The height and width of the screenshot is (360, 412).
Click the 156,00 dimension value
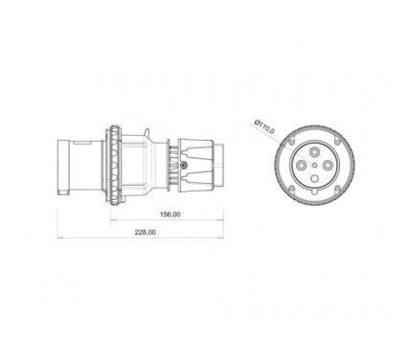[170, 214]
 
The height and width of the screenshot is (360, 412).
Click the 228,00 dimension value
[145, 233]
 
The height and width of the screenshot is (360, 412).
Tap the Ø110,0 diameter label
[264, 126]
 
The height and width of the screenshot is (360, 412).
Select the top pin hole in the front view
[314, 151]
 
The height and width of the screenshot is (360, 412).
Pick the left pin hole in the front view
[301, 165]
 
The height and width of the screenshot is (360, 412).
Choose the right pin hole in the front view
[328, 165]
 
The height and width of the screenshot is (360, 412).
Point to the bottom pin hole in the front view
[314, 179]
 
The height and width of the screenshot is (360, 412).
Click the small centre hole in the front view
[314, 165]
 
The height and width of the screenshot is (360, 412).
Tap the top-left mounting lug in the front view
[291, 141]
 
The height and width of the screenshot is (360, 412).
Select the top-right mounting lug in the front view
[337, 140]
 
